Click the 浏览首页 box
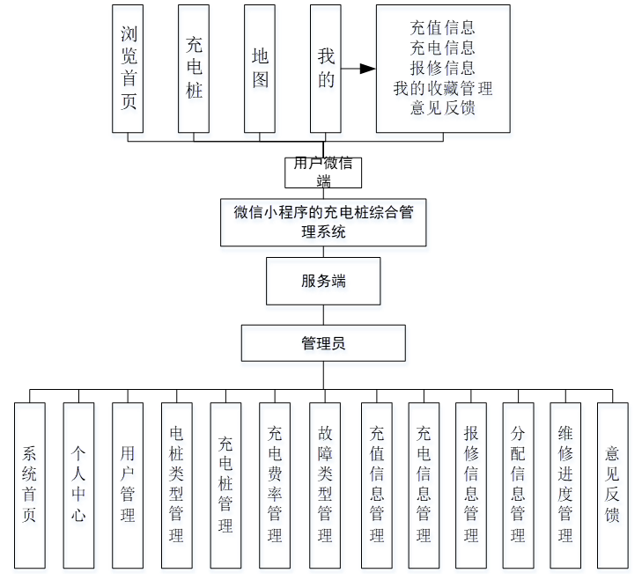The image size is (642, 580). coord(129,69)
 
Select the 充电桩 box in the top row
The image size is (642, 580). coord(194,69)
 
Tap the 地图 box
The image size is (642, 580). coord(260,69)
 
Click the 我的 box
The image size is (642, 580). coord(326,69)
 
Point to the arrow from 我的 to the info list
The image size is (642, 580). coord(358,69)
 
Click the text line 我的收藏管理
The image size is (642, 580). coord(443,88)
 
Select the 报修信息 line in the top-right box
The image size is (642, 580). coord(443,68)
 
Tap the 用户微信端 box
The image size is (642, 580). coord(323,173)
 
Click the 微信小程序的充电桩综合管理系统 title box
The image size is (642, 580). coord(323,222)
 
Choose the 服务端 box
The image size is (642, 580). coord(323,281)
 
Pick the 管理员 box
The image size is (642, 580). coord(323,343)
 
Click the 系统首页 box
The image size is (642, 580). coord(30,485)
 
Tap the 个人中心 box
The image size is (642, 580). coord(78,485)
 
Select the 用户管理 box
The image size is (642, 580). coord(128,485)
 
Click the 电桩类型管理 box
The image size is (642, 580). coord(176,485)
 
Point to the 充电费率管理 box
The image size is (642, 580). coord(275,485)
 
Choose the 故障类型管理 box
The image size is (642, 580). coord(324,485)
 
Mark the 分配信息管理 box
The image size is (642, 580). coord(518,485)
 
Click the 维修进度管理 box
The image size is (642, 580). coord(565,485)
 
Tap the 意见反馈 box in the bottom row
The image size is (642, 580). coord(613,485)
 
